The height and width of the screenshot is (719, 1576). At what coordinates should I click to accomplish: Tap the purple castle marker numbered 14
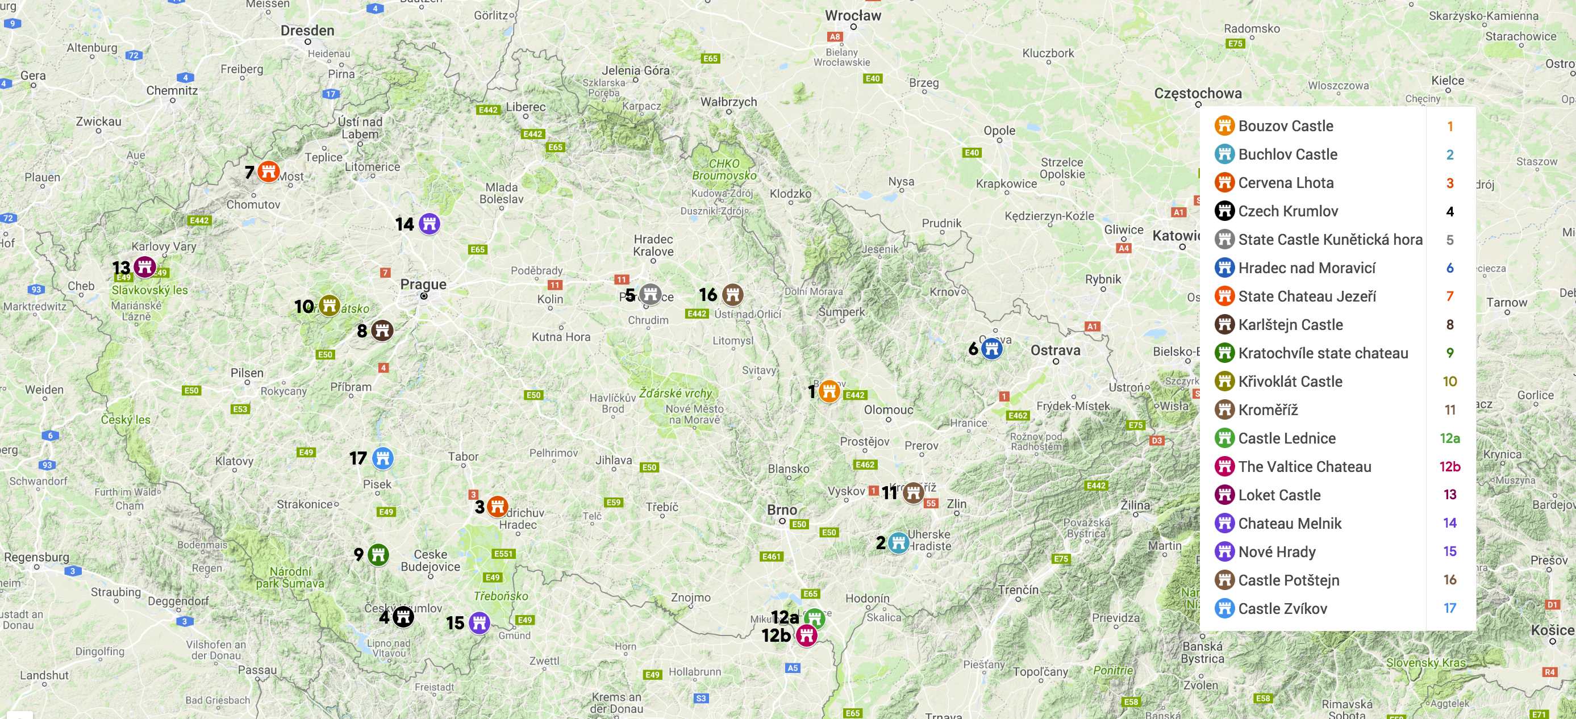click(x=430, y=223)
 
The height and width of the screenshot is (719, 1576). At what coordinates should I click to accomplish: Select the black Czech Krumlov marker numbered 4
click(x=403, y=616)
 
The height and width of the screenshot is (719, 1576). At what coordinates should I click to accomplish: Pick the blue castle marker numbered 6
click(x=992, y=349)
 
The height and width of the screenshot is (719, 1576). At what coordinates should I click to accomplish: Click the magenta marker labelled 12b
click(x=806, y=636)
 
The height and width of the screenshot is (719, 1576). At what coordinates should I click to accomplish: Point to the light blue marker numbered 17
click(x=382, y=457)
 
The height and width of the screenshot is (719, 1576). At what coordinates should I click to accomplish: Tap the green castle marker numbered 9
click(x=378, y=554)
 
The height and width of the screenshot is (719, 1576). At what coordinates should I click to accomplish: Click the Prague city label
click(x=423, y=285)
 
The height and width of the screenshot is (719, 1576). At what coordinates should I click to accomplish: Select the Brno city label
click(x=782, y=509)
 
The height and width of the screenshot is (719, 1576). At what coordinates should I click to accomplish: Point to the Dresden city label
click(x=307, y=31)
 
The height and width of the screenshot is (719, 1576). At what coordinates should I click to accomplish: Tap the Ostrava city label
click(x=1056, y=350)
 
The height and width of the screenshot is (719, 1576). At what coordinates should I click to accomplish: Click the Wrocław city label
click(x=853, y=16)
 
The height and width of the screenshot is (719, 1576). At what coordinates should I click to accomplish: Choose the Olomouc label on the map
click(x=889, y=409)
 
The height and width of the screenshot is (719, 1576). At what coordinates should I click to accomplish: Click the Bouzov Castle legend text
click(x=1285, y=126)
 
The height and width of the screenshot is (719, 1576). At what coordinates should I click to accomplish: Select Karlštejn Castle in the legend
click(x=1290, y=325)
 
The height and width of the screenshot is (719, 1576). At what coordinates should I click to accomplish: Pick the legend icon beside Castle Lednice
click(x=1224, y=438)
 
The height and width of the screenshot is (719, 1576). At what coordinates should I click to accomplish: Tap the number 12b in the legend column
click(x=1450, y=466)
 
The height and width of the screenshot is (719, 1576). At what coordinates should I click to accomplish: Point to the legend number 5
click(x=1450, y=240)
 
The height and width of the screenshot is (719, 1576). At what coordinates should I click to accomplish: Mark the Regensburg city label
click(x=37, y=557)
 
